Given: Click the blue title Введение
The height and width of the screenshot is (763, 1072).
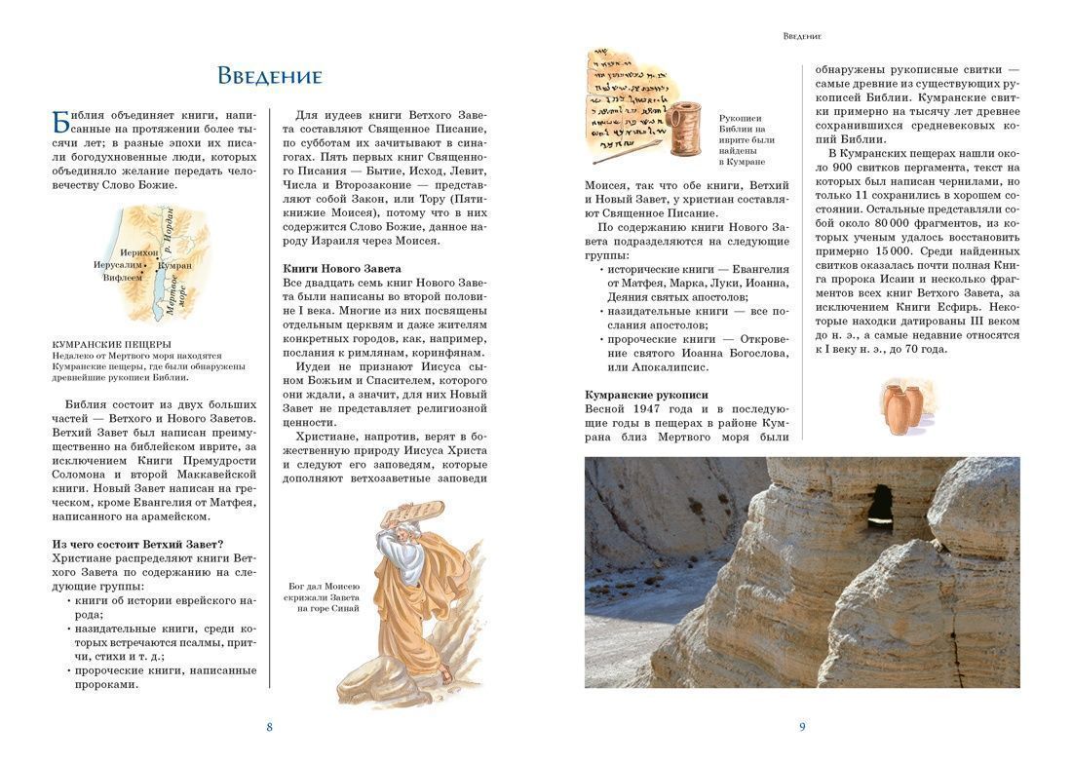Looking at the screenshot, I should pos(269,76).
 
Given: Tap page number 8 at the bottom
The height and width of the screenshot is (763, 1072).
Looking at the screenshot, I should pos(269,726).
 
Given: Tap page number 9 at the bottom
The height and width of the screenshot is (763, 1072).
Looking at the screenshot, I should pos(802,726).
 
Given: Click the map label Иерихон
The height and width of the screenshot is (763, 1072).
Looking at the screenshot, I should pos(138,252).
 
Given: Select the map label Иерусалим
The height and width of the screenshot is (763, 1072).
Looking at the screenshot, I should pos(118,264).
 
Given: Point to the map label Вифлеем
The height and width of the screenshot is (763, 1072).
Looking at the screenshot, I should pos(124,277).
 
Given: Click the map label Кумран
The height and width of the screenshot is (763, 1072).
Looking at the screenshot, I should pos(174,264).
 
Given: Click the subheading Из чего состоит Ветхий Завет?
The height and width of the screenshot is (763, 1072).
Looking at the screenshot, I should pos(138,543).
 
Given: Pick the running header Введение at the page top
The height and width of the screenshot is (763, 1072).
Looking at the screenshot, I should pos(802,36).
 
